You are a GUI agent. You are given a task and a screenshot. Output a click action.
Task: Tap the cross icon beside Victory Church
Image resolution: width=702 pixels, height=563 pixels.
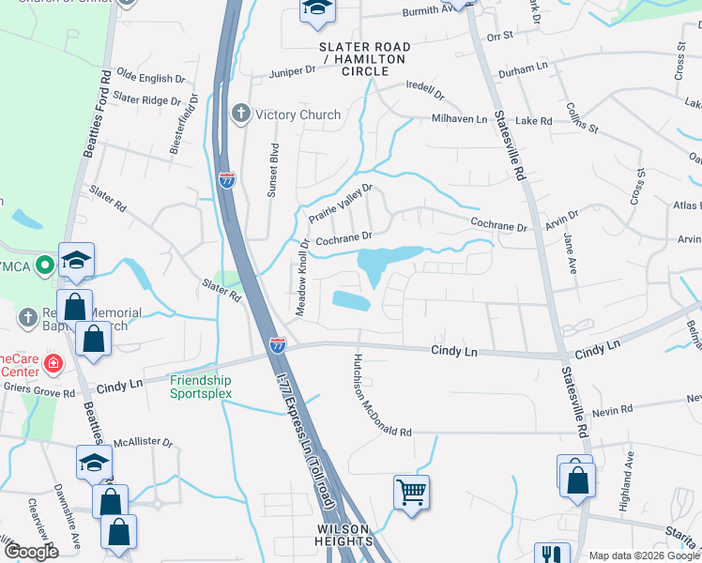[240, 114]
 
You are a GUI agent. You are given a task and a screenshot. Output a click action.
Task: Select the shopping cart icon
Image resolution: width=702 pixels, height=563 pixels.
[412, 491]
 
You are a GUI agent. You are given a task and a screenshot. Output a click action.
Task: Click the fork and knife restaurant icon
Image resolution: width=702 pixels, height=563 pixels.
[552, 555]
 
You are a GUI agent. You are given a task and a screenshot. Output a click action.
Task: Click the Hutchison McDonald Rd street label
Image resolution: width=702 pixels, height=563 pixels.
[381, 396]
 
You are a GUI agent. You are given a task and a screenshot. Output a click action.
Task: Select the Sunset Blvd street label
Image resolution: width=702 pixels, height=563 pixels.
[275, 165]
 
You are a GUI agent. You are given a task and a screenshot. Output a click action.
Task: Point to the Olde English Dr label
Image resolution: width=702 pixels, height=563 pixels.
[145, 79]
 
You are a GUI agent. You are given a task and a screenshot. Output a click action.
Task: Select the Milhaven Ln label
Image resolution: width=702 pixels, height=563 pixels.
[460, 119]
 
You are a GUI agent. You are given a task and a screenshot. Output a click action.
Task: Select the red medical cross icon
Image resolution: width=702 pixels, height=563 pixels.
[53, 362]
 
